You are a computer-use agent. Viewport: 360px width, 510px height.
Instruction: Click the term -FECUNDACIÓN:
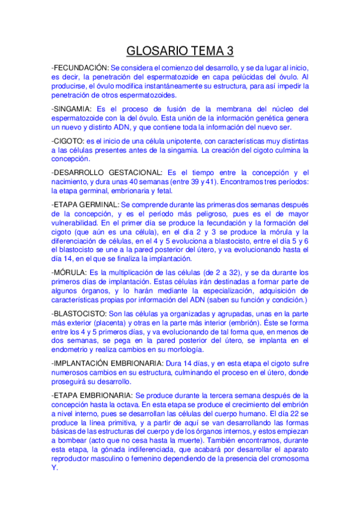click(x=80, y=68)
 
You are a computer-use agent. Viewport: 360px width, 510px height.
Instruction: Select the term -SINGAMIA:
click(x=72, y=109)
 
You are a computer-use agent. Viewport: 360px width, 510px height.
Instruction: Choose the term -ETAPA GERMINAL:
click(x=85, y=204)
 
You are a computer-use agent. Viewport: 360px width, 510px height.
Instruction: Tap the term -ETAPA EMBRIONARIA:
click(x=92, y=395)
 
